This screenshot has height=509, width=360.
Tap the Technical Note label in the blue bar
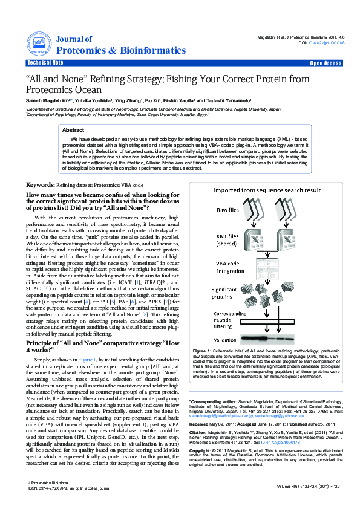(x=45, y=63)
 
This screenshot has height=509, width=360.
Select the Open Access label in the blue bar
(x=326, y=63)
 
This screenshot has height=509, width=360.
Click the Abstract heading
(x=73, y=130)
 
